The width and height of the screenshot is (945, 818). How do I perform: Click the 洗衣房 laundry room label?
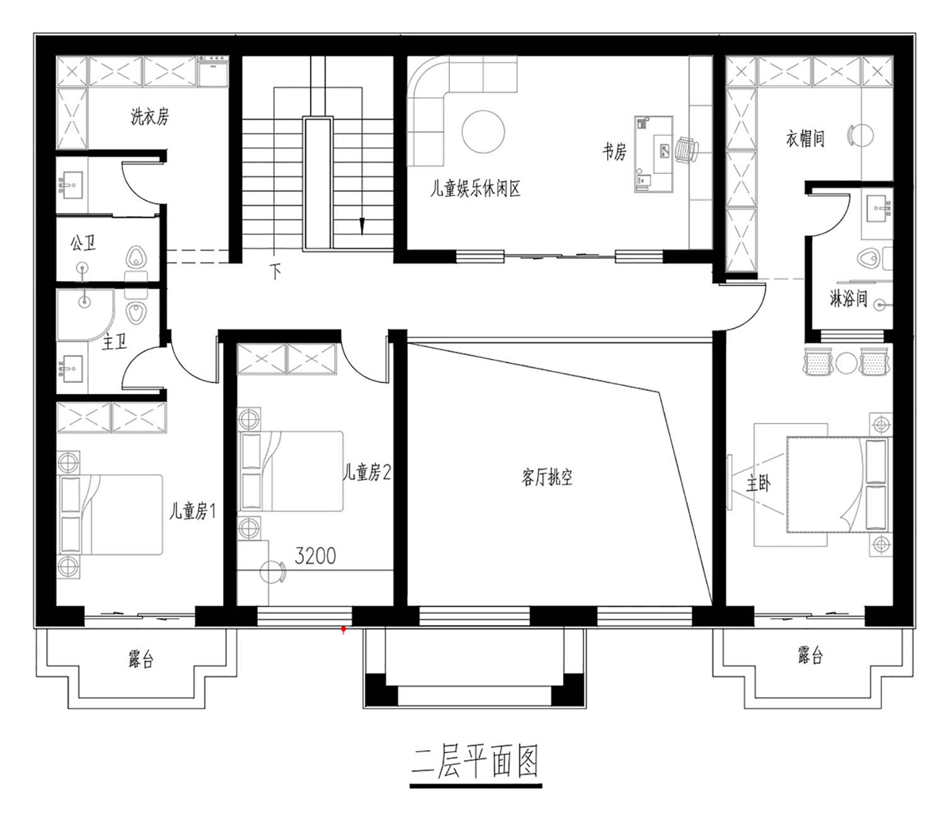point(150,117)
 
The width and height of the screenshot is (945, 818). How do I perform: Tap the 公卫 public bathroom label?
point(83,243)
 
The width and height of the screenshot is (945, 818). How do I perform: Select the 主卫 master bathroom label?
point(114,342)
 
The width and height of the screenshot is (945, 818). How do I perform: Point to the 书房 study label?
point(614,152)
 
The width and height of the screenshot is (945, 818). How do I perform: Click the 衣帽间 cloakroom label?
point(805,138)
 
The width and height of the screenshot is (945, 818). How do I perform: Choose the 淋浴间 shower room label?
point(848,299)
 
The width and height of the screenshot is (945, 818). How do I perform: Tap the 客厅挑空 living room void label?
point(547,478)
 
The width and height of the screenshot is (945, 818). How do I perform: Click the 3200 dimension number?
point(315,556)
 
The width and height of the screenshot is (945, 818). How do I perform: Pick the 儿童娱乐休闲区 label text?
point(475,188)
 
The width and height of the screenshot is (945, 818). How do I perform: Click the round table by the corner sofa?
point(483,131)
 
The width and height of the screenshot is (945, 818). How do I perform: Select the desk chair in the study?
point(687,150)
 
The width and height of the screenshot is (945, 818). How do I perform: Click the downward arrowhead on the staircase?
point(362,226)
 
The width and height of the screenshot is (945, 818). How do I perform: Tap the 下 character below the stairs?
point(275,271)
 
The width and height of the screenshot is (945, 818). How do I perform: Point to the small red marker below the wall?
point(343,630)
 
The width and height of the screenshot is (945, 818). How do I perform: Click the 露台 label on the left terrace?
point(141,660)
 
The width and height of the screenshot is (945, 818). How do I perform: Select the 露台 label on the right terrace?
point(810,655)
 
